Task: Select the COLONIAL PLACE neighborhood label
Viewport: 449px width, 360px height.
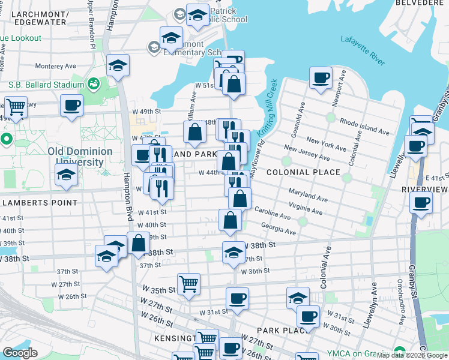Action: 303,172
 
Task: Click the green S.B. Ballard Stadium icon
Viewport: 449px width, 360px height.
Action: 93,83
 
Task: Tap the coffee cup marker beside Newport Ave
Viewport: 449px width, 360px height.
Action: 321,77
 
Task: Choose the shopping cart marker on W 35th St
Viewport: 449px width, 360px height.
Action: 188,283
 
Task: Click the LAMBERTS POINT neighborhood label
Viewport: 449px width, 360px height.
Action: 40,203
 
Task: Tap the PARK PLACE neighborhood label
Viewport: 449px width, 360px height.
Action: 278,331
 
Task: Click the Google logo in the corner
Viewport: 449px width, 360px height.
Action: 20,352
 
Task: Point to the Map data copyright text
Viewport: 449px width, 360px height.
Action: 412,355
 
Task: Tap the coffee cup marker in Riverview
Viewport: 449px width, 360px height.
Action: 421,202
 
